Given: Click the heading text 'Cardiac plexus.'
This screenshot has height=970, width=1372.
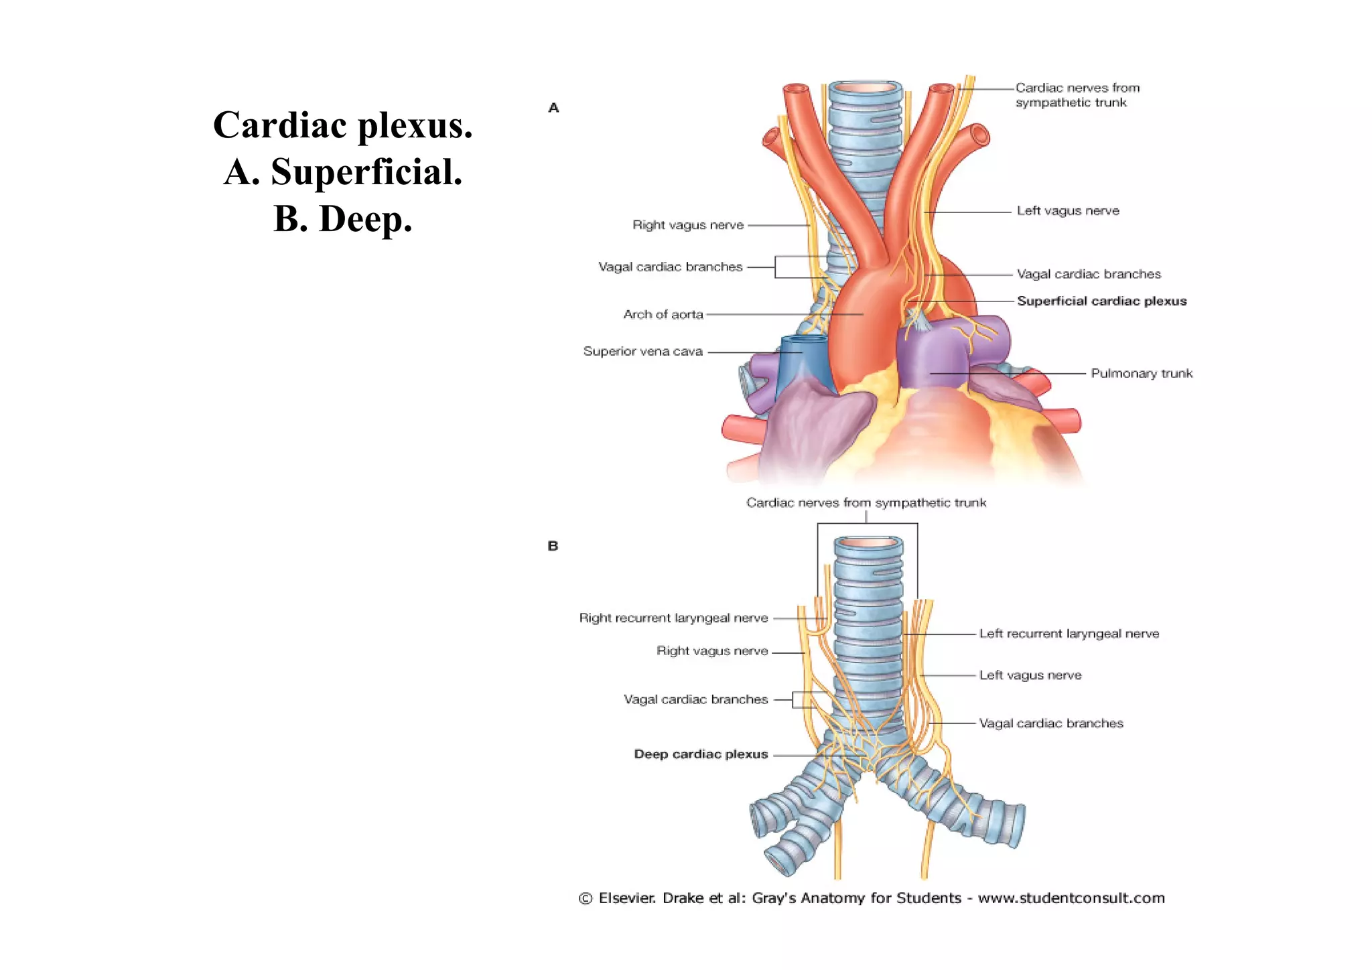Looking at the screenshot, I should [x=342, y=125].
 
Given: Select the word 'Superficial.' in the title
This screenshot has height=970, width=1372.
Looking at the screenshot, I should [x=366, y=172].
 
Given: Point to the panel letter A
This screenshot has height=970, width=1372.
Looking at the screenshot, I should [x=553, y=108].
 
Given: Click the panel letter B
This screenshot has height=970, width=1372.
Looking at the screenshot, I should [x=553, y=546].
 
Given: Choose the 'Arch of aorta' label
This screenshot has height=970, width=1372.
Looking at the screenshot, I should [x=663, y=314].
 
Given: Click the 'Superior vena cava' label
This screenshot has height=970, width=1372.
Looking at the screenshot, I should [x=642, y=351].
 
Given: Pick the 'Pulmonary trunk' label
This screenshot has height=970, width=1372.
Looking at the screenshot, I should [x=1142, y=373].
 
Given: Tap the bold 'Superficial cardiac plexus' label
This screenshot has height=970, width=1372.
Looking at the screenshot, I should [x=1101, y=301].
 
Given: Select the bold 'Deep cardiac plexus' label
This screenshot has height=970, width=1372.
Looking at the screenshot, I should [x=701, y=754].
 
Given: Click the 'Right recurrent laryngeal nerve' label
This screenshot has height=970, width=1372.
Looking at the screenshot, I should [x=673, y=618].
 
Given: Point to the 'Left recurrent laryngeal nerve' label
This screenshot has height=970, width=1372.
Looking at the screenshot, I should [x=1069, y=633].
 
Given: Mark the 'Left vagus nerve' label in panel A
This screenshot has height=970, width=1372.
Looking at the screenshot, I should [x=1068, y=210].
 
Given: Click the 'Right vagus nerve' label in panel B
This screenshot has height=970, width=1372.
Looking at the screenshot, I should [x=711, y=650].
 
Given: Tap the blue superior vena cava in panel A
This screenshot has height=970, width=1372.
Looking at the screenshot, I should [x=804, y=365].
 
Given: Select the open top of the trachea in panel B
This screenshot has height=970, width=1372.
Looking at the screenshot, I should [x=868, y=543].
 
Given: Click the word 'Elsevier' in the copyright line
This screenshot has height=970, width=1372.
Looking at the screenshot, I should [x=626, y=898].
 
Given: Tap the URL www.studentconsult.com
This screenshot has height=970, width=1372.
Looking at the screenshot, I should [x=1071, y=898].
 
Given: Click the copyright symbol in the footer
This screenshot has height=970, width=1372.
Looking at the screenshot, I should [x=586, y=898].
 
